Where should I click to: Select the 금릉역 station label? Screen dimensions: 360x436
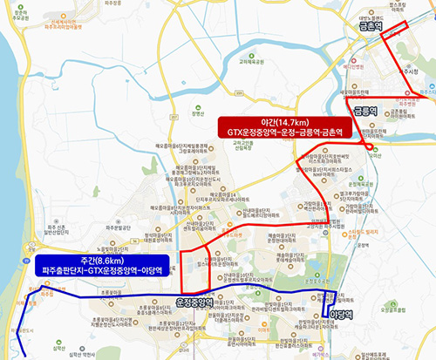coord(364,111)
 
